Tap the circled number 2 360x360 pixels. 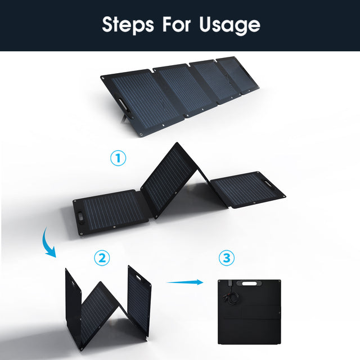tap(102, 258)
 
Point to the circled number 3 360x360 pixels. tap(226, 258)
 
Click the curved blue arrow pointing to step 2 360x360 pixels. tap(48, 242)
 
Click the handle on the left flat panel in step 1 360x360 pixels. tap(82, 218)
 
